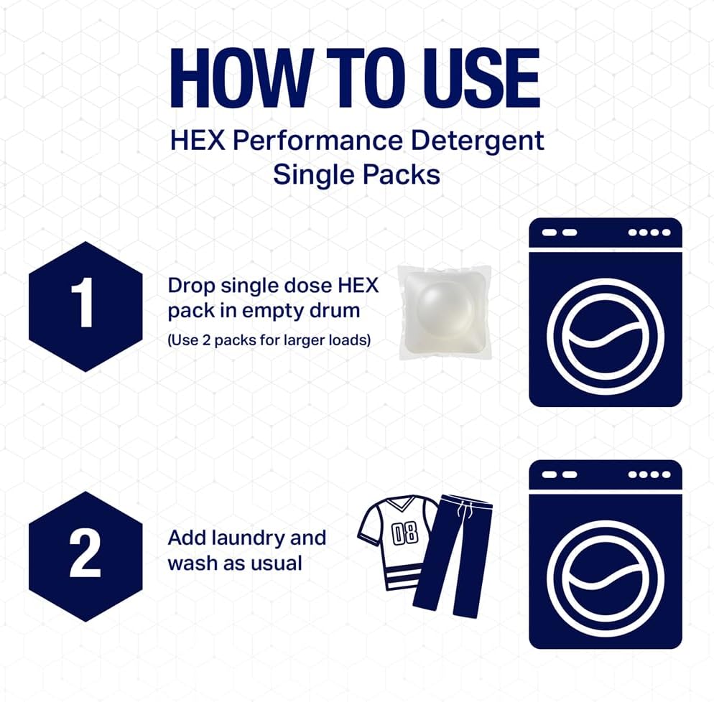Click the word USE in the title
tap(482, 78)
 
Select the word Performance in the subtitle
tap(317, 141)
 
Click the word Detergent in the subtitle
tap(477, 141)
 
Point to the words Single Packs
tap(356, 174)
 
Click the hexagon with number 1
tap(85, 306)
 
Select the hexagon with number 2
tap(85, 556)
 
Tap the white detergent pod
tap(445, 312)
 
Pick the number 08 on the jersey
tap(405, 533)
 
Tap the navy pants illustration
tap(453, 556)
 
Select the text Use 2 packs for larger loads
tap(269, 340)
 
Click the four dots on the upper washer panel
tap(649, 233)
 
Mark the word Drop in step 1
tap(191, 286)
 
